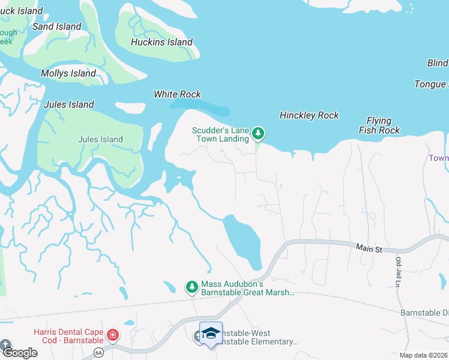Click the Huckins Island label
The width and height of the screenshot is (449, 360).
pyautogui.click(x=162, y=42)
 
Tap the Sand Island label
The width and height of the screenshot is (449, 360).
pyautogui.click(x=56, y=26)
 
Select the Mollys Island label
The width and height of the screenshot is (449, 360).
pyautogui.click(x=68, y=73)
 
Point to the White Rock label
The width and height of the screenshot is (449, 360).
pyautogui.click(x=177, y=94)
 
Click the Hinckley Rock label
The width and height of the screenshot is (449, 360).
pyautogui.click(x=309, y=115)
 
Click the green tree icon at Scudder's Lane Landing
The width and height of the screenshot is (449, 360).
pyautogui.click(x=258, y=133)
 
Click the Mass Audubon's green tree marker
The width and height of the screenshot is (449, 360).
pyautogui.click(x=191, y=287)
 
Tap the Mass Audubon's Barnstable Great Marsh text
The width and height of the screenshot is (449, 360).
pyautogui.click(x=248, y=288)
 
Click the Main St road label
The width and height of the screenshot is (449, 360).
pyautogui.click(x=369, y=247)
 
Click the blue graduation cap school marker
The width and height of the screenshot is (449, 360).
pyautogui.click(x=211, y=334)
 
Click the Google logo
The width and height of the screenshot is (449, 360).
pyautogui.click(x=19, y=353)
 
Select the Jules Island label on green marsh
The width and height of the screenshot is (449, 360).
pyautogui.click(x=100, y=139)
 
